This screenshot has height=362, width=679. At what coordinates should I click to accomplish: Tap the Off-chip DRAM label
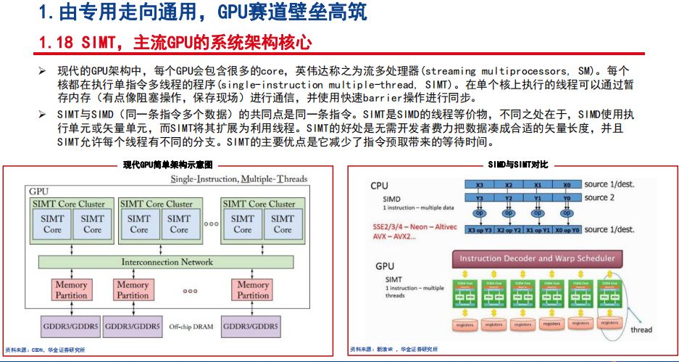coord(191,326)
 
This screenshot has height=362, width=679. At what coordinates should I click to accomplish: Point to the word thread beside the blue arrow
coord(641,329)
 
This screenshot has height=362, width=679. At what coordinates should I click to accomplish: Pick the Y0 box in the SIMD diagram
coord(566,197)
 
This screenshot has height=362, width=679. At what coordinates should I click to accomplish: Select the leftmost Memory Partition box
coord(71,290)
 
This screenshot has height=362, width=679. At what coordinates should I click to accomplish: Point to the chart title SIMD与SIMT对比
coord(514,165)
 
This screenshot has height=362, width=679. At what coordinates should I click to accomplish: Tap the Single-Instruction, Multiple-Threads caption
coord(238,178)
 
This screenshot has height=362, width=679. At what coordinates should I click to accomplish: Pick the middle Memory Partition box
coord(133,290)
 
